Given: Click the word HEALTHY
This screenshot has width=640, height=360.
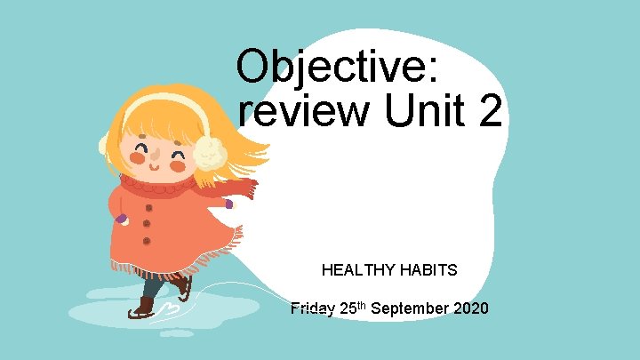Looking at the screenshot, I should (354, 269).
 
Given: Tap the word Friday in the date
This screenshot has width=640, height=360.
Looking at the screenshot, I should (312, 309).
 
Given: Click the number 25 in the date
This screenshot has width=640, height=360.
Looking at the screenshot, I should (348, 309).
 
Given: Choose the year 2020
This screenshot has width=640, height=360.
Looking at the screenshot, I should (469, 309).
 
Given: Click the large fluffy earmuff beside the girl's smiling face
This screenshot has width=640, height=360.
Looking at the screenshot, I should (211, 152).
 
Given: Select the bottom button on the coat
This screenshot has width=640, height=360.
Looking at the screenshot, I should (146, 241).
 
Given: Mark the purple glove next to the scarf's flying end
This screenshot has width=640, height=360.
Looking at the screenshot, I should (229, 204).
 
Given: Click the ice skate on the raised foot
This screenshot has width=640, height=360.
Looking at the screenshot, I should (183, 286).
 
